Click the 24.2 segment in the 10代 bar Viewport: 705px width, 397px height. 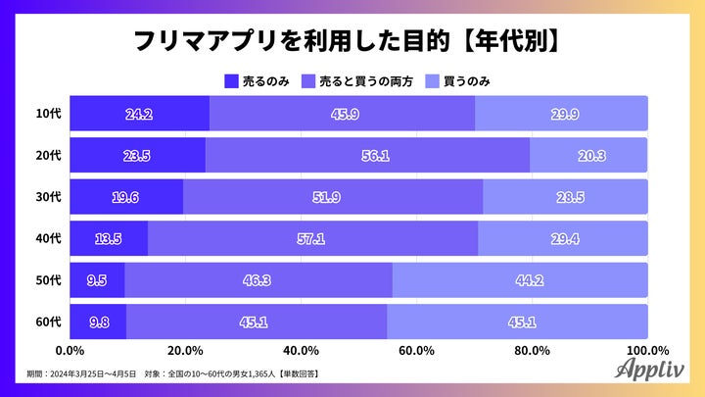click(x=139, y=114)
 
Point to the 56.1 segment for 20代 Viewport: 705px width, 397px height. click(x=367, y=155)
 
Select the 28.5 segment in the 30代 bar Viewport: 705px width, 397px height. click(x=565, y=196)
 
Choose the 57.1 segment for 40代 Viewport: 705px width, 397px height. click(x=312, y=237)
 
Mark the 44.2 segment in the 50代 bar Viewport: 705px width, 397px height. click(x=519, y=278)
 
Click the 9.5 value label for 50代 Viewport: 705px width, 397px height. click(x=96, y=278)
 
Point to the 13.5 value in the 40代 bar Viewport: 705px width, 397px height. click(x=108, y=237)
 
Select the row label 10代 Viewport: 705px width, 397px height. click(x=48, y=115)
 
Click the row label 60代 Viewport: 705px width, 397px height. click(x=48, y=321)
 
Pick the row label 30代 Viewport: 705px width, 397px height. click(x=48, y=197)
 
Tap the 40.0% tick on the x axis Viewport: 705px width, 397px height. click(x=301, y=350)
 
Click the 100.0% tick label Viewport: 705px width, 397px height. click(x=646, y=350)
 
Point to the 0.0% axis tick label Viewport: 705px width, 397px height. click(x=70, y=350)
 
